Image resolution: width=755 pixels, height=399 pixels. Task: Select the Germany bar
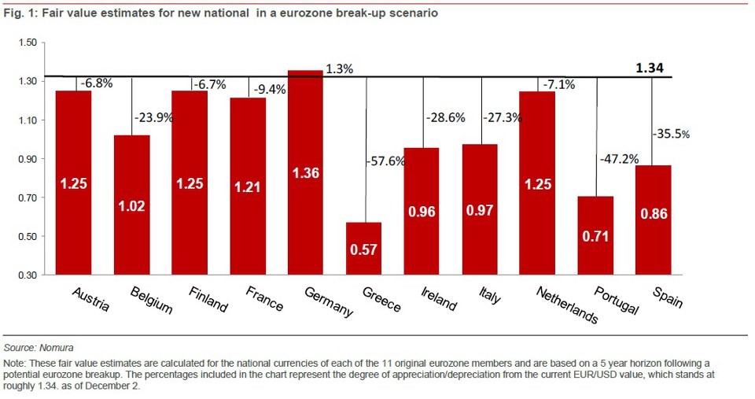click(x=305, y=172)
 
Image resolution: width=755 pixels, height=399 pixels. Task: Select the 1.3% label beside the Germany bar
click(x=339, y=69)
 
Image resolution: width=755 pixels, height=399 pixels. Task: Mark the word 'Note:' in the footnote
click(x=16, y=362)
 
